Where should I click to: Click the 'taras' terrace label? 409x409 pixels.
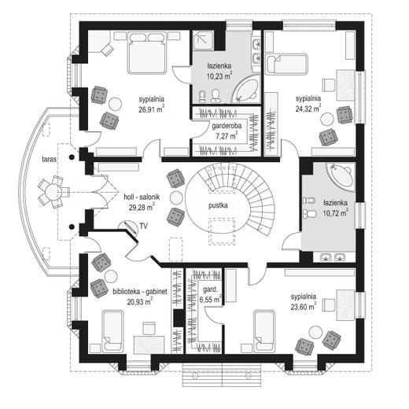(x=50, y=159)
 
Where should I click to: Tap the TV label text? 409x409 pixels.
(x=143, y=226)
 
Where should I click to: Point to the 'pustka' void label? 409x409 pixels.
(x=218, y=205)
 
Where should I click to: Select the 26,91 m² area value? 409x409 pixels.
(x=152, y=109)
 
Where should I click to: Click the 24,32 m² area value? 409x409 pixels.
(x=308, y=109)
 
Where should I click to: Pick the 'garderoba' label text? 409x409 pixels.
(x=227, y=126)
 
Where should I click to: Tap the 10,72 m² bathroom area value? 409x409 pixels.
(x=336, y=213)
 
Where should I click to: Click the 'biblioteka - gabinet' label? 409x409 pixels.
(x=140, y=292)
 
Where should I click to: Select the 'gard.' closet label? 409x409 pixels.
(x=211, y=289)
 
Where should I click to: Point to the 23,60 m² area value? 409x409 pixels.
(x=304, y=306)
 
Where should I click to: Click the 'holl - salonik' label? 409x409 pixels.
(x=142, y=197)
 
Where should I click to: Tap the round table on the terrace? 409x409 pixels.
(x=53, y=192)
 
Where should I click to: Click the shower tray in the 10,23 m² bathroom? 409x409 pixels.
(x=203, y=41)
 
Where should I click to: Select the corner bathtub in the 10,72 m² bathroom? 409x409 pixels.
(x=341, y=173)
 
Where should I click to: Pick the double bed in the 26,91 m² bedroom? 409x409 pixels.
(x=147, y=53)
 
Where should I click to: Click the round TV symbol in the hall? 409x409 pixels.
(x=127, y=227)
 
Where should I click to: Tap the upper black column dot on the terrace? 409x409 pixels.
(x=72, y=157)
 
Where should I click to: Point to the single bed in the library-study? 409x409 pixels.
(x=112, y=330)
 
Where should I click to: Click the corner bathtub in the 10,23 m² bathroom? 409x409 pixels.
(x=245, y=90)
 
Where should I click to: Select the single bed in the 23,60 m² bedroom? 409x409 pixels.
(x=264, y=330)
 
